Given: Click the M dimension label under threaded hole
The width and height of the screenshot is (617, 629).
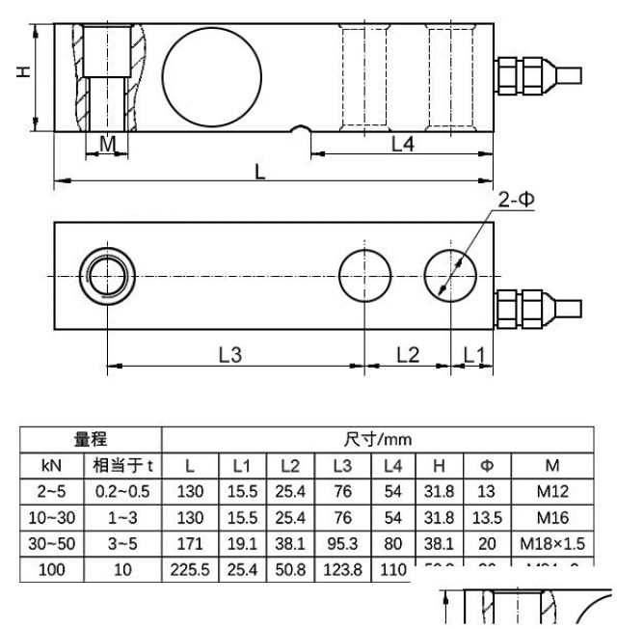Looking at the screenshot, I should [108, 144].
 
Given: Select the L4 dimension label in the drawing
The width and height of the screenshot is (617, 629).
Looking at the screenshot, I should [402, 144].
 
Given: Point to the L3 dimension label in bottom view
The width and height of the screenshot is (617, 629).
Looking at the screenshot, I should [228, 354].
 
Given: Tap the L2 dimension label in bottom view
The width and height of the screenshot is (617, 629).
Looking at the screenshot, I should [408, 354].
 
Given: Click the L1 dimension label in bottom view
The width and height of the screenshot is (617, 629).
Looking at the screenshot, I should [471, 354].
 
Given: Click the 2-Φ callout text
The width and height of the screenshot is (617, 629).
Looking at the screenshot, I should [516, 200].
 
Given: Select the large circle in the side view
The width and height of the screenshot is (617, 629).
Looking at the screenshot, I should [212, 74].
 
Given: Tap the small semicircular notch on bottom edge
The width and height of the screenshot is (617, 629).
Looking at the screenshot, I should [302, 128].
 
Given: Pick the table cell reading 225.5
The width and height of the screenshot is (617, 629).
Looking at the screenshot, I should [190, 569].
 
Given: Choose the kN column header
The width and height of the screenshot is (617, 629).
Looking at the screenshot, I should [52, 465].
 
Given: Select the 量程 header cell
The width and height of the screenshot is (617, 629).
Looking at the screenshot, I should [93, 440].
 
